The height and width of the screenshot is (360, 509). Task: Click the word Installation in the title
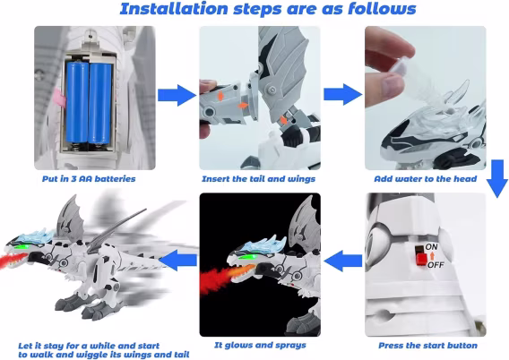point(174,9)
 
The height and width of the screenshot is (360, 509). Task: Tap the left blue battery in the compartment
point(77,102)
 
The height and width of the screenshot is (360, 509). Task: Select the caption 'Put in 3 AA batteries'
point(89,179)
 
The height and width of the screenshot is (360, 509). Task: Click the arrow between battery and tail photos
point(177,95)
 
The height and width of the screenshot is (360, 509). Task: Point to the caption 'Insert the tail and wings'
point(258,179)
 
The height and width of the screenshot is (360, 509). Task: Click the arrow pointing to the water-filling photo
point(343,94)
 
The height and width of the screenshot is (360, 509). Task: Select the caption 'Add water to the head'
point(426,179)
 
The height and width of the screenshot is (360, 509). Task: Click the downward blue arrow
point(497,178)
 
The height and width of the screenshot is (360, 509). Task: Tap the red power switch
point(421,258)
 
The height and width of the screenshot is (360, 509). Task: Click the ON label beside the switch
point(431,247)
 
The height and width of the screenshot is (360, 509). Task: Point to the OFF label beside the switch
point(436,265)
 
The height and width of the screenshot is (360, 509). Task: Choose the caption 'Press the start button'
point(427,346)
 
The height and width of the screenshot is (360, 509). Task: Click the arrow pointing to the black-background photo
point(343,261)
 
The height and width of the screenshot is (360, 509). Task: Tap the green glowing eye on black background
point(248,258)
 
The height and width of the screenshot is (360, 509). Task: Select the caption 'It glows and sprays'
point(260,345)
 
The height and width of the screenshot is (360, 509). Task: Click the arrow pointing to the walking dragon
point(177,260)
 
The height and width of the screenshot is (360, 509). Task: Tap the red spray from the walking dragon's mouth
point(12,260)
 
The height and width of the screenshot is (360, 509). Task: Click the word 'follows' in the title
point(382,9)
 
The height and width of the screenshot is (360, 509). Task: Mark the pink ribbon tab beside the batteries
point(61,98)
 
